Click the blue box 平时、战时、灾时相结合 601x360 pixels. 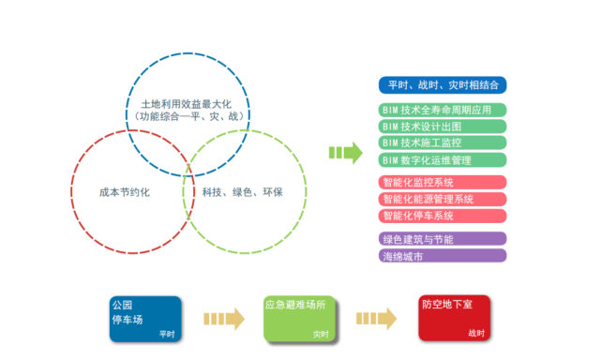point(443,84)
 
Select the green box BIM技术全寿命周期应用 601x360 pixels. point(443,110)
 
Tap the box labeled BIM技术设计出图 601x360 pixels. point(443,127)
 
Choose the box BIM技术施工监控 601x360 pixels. point(443,142)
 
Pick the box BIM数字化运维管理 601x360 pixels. point(443,159)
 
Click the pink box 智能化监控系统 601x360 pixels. point(443,182)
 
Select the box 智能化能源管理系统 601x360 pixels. point(443,199)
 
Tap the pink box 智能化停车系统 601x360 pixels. point(443,216)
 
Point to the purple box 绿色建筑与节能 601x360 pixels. point(443,239)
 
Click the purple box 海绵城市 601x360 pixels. point(443,255)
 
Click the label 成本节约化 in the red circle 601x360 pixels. point(125,191)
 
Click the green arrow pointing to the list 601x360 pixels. point(346,152)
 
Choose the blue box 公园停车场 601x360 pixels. point(144,319)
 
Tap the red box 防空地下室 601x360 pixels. point(454,319)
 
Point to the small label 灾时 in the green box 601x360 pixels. point(321,334)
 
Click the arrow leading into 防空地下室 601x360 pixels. point(378,319)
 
